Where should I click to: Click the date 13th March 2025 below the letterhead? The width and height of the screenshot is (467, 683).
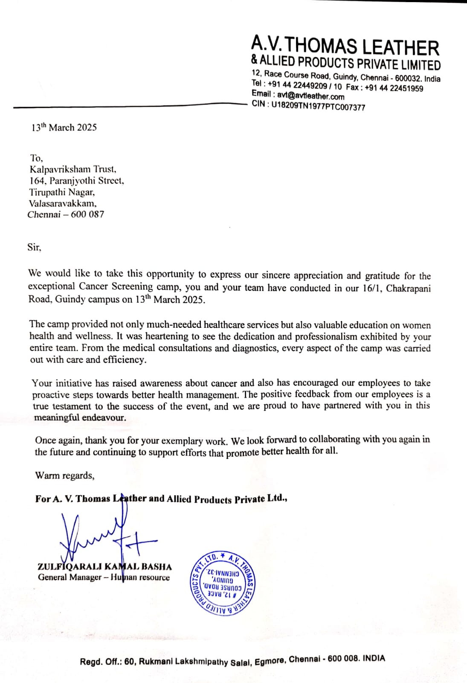pyautogui.click(x=64, y=128)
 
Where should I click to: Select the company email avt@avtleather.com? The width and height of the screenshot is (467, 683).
pyautogui.click(x=310, y=96)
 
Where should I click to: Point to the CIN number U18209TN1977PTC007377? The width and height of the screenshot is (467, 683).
pyautogui.click(x=318, y=106)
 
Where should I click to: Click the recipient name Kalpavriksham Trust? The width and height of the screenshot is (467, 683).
pyautogui.click(x=73, y=169)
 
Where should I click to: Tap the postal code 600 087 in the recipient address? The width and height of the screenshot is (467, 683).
pyautogui.click(x=87, y=214)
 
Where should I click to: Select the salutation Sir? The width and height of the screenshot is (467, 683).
pyautogui.click(x=34, y=247)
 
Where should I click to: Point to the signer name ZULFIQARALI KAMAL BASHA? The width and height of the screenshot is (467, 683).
pyautogui.click(x=104, y=567)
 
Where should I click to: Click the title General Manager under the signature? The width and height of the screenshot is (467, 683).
pyautogui.click(x=69, y=578)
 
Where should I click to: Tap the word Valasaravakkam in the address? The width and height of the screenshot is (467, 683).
pyautogui.click(x=63, y=203)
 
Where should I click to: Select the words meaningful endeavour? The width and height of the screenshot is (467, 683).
pyautogui.click(x=80, y=417)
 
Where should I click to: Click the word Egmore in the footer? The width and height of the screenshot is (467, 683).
pyautogui.click(x=270, y=661)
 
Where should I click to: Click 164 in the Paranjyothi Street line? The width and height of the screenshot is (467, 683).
pyautogui.click(x=37, y=181)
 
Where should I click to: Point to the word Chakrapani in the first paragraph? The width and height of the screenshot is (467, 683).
pyautogui.click(x=408, y=288)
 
